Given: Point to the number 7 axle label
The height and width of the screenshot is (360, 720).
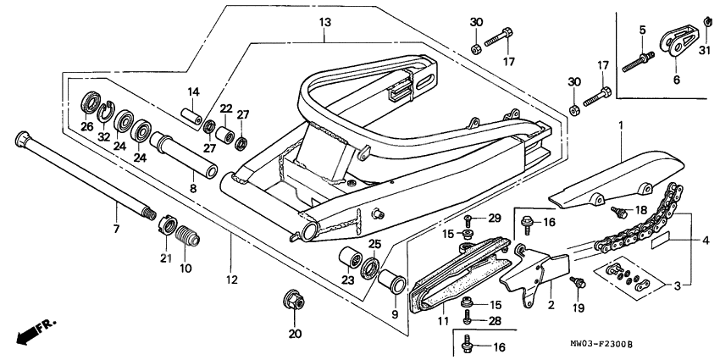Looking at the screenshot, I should click(116, 229).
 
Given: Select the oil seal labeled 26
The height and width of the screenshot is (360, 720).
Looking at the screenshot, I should click(88, 106).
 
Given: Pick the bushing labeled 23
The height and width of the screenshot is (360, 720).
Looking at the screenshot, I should click(346, 258).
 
